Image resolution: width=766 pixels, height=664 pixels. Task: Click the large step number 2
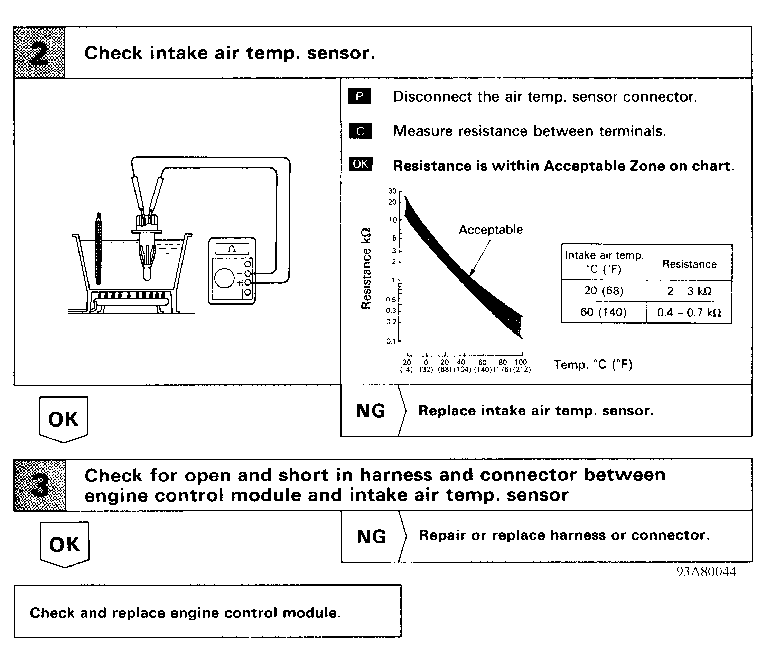[x=39, y=53]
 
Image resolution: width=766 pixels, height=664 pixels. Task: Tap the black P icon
[x=359, y=96]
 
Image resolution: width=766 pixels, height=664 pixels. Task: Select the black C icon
[x=360, y=131]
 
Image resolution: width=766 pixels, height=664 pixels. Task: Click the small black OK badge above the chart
[x=360, y=164]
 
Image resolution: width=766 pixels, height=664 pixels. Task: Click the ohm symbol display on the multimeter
[x=232, y=249]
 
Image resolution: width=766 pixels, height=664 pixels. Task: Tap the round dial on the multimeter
[x=224, y=278]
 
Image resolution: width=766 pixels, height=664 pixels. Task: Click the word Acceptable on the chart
[x=491, y=230]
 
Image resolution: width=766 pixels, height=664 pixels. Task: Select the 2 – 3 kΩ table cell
[x=689, y=291]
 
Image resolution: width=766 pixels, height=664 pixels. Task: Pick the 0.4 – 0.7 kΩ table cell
[x=689, y=312]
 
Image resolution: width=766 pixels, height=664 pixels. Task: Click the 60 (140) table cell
[x=604, y=312]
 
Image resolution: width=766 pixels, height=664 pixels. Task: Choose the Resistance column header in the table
[x=689, y=264]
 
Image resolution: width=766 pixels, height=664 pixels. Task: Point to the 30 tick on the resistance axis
[x=392, y=191]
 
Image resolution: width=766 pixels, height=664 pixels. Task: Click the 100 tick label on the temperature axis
[x=521, y=362]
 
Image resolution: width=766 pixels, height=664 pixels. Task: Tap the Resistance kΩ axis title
[x=366, y=268]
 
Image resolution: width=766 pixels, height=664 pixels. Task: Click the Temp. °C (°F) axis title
[x=593, y=365]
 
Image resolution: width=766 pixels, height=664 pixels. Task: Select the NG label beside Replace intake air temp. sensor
[x=371, y=411]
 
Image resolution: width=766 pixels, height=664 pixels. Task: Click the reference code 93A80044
[x=706, y=572]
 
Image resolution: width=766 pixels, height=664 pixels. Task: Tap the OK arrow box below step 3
[x=65, y=544]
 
